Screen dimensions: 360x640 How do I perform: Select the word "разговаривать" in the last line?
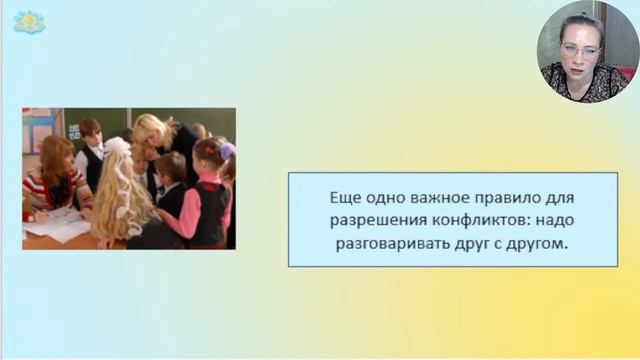click(x=375, y=243)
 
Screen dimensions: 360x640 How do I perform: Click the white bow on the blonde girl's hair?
click(x=118, y=147)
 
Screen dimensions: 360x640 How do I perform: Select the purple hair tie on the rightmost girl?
click(x=228, y=150)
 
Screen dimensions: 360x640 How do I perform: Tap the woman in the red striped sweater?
click(x=55, y=180)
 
